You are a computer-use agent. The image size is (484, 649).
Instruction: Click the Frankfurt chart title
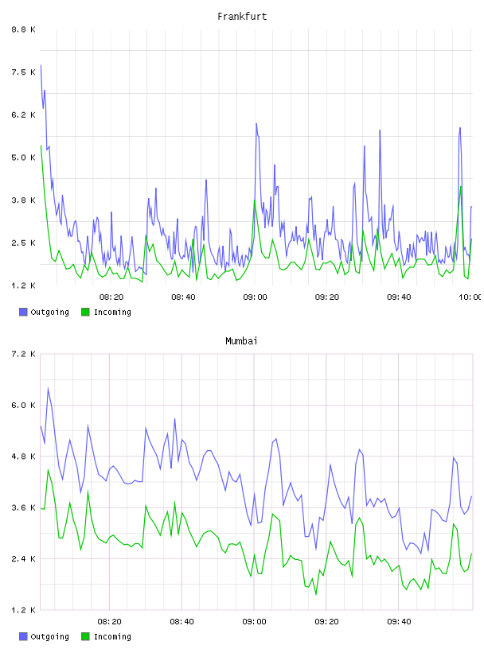(242, 16)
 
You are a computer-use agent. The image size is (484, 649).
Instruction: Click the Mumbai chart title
(241, 340)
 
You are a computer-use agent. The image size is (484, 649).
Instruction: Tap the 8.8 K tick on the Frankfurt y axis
(23, 29)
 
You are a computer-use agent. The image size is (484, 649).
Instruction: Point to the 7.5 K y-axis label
(23, 72)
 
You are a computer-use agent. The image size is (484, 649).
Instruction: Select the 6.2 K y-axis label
(23, 115)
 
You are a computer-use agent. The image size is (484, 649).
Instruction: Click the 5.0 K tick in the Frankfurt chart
(23, 157)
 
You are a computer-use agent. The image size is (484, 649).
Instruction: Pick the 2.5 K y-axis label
(23, 243)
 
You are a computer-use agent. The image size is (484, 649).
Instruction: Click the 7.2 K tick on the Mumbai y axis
(23, 354)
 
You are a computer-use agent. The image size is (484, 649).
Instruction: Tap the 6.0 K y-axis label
(23, 405)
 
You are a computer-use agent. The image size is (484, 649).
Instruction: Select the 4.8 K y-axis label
(23, 456)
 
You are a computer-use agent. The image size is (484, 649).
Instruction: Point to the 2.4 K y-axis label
(23, 559)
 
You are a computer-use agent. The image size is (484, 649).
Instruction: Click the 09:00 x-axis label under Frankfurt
(255, 297)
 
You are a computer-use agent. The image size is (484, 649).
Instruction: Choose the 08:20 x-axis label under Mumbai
(109, 621)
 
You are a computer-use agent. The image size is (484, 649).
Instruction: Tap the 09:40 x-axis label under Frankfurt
(399, 297)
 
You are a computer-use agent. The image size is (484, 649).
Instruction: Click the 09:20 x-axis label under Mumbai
(326, 621)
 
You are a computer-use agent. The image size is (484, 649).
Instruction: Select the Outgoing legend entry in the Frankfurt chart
(44, 312)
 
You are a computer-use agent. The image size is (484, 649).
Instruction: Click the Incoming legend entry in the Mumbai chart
(106, 636)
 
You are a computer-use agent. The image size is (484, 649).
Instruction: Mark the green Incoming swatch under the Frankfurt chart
(85, 312)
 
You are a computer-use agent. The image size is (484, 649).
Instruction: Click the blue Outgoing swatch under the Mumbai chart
(23, 636)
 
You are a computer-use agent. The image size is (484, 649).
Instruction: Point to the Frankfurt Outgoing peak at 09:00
(256, 124)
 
